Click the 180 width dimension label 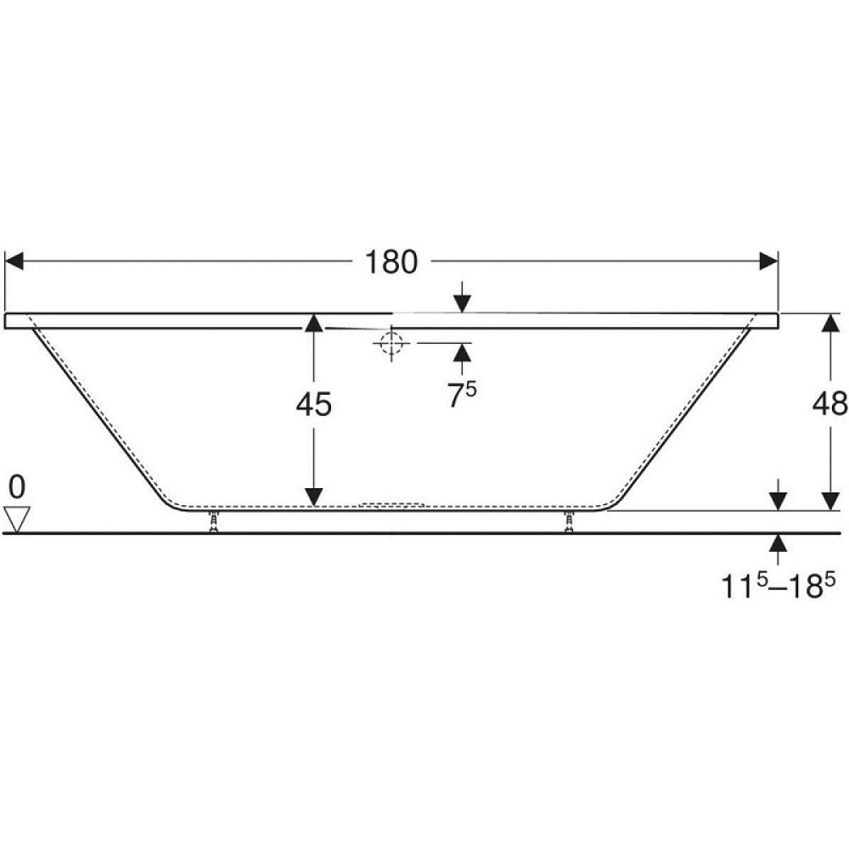pyautogui.click(x=391, y=263)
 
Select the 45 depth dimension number pyautogui.click(x=313, y=407)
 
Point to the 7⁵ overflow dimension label pyautogui.click(x=462, y=396)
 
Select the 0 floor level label pyautogui.click(x=18, y=486)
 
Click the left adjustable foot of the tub pyautogui.click(x=213, y=522)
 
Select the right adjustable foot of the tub pyautogui.click(x=569, y=522)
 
